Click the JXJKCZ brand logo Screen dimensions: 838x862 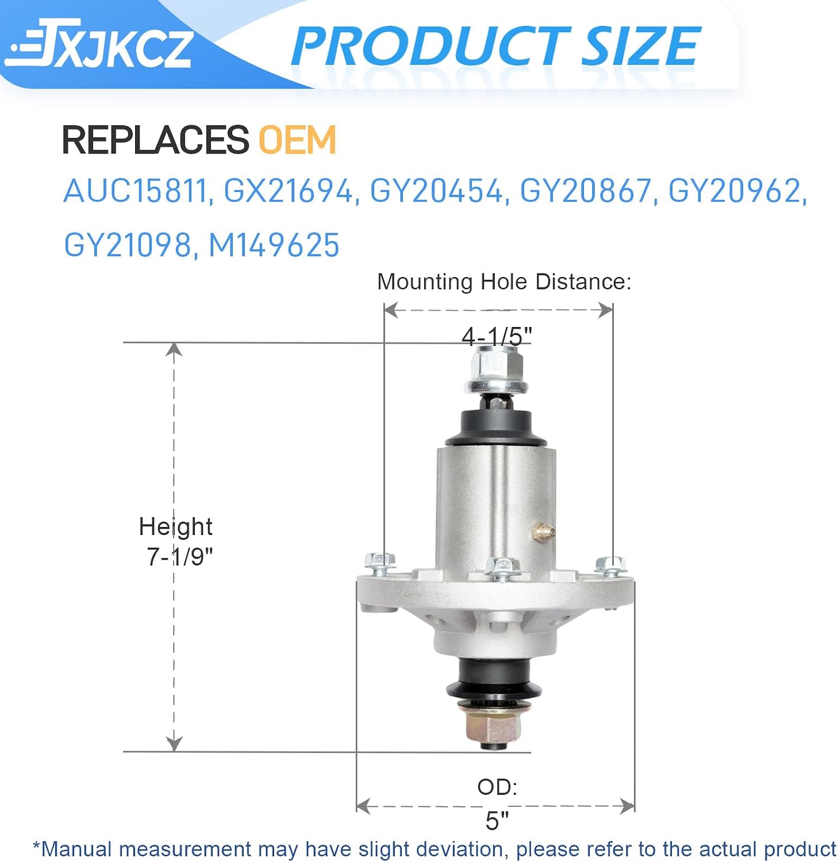(98, 44)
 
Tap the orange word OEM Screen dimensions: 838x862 (297, 140)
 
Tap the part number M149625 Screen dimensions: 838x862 (274, 245)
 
